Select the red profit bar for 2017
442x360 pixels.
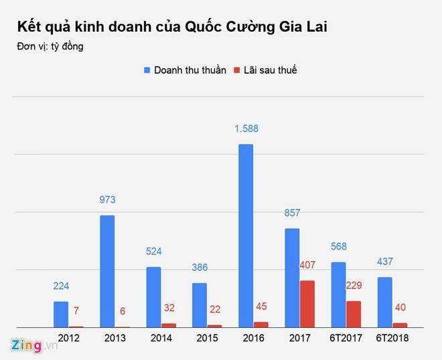[x=307, y=304]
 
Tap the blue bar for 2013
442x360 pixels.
[x=107, y=271]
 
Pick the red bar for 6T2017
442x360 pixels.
[x=354, y=314]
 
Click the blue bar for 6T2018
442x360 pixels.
[x=384, y=302]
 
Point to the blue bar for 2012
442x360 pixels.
[x=61, y=314]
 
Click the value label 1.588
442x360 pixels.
[x=246, y=129]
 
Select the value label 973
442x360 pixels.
[x=107, y=200]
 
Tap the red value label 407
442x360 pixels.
[x=307, y=265]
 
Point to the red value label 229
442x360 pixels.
[x=354, y=286]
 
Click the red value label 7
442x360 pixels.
[x=76, y=311]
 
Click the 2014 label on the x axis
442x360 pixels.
[x=161, y=338]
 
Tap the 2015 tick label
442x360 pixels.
[x=208, y=338]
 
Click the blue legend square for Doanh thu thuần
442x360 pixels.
[x=146, y=70]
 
